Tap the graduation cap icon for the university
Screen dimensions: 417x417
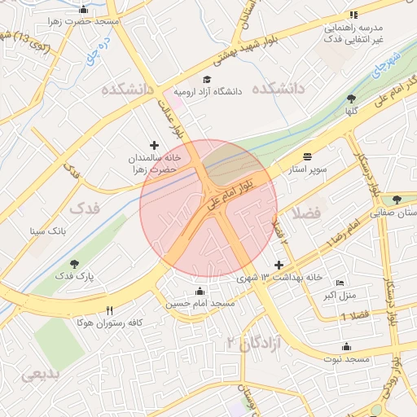[207, 80]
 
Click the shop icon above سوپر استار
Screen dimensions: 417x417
[306, 157]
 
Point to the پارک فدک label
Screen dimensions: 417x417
[75, 276]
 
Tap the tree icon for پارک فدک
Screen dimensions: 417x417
[75, 264]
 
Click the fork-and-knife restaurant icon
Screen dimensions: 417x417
[110, 310]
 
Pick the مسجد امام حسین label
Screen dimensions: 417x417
[200, 303]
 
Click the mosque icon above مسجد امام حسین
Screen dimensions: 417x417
[200, 291]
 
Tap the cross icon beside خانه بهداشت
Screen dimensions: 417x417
[279, 266]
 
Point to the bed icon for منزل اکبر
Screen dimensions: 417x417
[340, 282]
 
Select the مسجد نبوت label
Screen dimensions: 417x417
[346, 358]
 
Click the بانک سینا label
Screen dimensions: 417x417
[46, 231]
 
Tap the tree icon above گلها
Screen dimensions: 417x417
[351, 98]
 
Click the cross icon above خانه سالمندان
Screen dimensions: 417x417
[155, 144]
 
